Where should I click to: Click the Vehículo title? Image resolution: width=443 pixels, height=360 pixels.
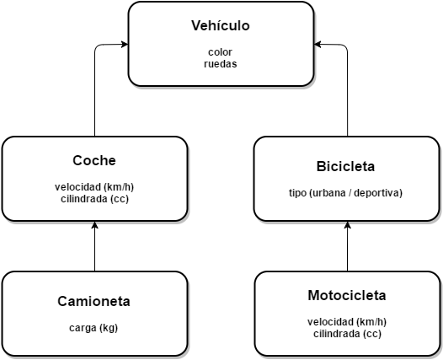[221, 25]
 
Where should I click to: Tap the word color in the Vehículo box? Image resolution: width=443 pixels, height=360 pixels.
[220, 52]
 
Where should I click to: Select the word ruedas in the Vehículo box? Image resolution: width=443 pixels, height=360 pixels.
[221, 64]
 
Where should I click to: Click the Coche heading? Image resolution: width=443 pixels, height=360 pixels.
[94, 160]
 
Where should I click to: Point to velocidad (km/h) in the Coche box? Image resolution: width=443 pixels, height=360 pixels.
[94, 187]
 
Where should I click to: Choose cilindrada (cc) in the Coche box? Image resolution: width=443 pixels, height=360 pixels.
[94, 199]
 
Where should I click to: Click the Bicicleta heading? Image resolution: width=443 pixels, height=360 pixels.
[345, 166]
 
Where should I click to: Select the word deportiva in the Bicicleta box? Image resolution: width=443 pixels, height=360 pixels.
[376, 193]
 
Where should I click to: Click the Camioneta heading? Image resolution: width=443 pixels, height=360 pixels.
[93, 301]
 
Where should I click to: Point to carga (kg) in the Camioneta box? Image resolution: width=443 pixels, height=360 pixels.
[93, 328]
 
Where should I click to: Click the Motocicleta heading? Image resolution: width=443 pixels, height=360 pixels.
[347, 295]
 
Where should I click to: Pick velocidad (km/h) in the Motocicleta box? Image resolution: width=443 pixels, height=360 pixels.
[347, 322]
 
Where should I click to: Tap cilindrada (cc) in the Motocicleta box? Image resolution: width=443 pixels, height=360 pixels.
[347, 334]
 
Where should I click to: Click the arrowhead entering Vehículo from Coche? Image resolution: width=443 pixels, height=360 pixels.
[125, 44]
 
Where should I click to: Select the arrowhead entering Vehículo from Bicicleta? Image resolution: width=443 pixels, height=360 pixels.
[318, 44]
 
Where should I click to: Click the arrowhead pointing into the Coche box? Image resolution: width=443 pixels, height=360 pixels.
[94, 225]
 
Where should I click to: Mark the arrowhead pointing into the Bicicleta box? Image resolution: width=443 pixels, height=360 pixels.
[348, 225]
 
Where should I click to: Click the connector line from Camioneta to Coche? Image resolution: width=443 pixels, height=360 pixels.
[94, 246]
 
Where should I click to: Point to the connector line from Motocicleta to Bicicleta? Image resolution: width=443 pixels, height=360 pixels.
[348, 246]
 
